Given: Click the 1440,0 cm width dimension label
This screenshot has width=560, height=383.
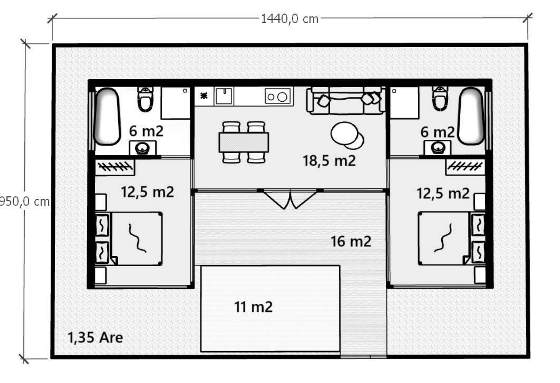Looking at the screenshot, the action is click(290, 19).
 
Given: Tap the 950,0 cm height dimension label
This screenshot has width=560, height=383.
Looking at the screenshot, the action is click(25, 201).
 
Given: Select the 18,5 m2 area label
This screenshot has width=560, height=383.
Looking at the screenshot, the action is click(329, 161).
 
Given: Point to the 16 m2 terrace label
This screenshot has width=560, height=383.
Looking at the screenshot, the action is click(351, 241).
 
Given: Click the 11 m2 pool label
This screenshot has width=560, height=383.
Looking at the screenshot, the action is click(253, 307).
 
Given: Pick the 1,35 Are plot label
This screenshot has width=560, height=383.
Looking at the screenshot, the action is click(95, 337).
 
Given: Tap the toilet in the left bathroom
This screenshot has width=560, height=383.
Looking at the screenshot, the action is click(145, 99).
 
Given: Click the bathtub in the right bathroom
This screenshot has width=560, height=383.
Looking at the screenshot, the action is click(471, 116).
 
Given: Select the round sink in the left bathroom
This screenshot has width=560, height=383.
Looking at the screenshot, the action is click(143, 148).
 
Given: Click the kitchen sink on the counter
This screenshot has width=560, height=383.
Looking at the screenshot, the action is click(224, 96).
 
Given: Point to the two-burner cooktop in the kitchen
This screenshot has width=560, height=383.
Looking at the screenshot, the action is click(278, 96).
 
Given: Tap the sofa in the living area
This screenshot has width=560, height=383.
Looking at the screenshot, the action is click(346, 101).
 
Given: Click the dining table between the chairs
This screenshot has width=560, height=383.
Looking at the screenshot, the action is click(244, 142).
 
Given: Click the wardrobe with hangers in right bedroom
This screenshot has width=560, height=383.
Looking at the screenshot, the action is click(465, 167).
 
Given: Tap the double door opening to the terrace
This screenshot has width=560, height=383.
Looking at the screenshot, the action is click(290, 199).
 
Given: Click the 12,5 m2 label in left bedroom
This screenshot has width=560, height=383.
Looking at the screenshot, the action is click(148, 192).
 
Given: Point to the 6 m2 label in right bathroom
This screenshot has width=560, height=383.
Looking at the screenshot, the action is click(437, 132).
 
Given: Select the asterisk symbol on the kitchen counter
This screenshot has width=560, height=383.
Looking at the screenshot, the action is click(204, 96).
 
